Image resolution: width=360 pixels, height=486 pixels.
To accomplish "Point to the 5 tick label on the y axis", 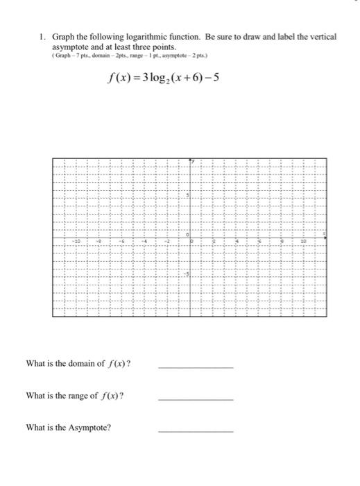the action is pyautogui.click(x=186, y=199).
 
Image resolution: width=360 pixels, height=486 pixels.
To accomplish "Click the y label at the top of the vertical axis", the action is pyautogui.click(x=194, y=162).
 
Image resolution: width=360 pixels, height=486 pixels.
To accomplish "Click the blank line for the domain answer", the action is pyautogui.click(x=196, y=367).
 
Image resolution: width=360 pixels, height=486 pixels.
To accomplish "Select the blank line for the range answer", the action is pyautogui.click(x=196, y=399).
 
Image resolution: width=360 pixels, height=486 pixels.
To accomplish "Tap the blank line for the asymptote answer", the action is pyautogui.click(x=196, y=431).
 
